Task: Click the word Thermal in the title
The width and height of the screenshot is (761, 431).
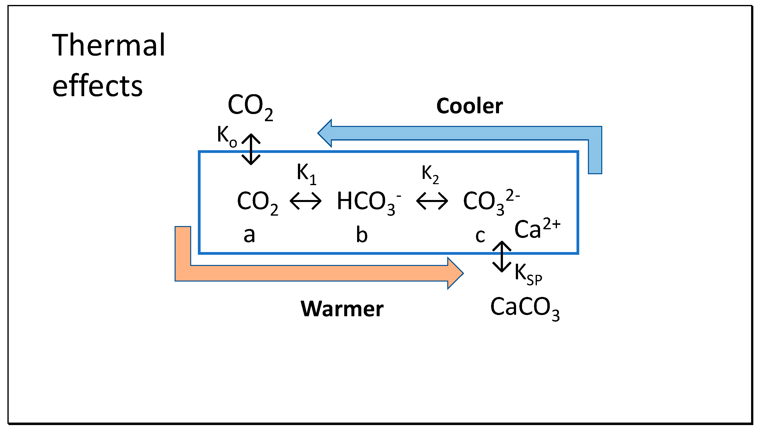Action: pos(108,45)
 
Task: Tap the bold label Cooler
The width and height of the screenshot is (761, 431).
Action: pos(469,106)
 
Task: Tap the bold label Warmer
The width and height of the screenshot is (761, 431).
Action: pos(342,309)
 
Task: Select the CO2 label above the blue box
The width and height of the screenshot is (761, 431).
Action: pos(250,106)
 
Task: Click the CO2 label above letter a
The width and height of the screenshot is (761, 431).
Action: pos(257,202)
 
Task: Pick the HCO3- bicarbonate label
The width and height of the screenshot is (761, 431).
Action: pos(368,202)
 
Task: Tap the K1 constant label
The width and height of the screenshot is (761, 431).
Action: pos(306,173)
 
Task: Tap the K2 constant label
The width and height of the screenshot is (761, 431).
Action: pos(430,174)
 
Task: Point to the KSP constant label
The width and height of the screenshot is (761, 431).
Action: pos(528,274)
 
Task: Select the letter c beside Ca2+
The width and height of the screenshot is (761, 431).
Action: pos(480,236)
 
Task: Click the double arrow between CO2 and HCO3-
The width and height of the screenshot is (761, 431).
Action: pos(305,201)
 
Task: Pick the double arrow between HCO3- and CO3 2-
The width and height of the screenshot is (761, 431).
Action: pos(432,201)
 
